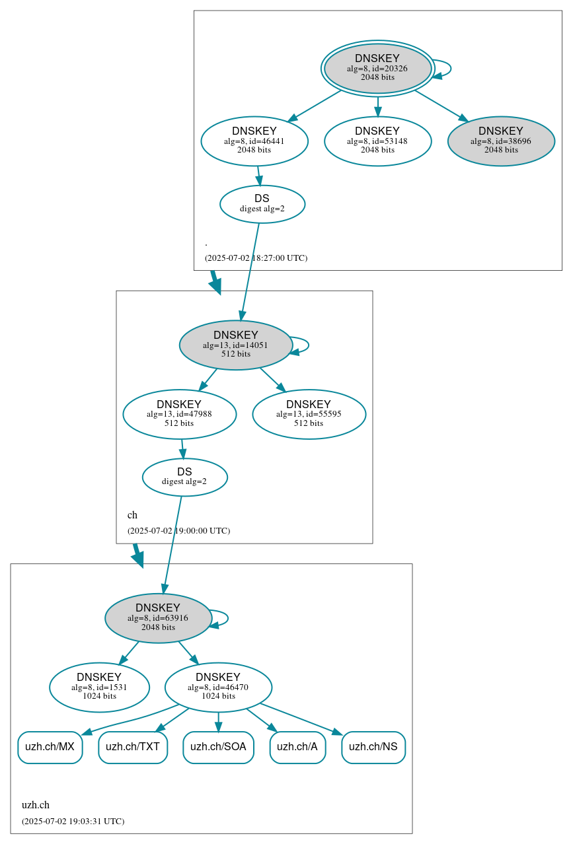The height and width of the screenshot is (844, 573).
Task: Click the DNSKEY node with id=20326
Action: click(x=377, y=69)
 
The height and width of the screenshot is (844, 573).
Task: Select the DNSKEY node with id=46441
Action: click(x=254, y=141)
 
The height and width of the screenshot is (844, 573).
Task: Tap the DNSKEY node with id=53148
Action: click(x=377, y=141)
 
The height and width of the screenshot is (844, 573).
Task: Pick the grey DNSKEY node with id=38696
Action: click(x=501, y=141)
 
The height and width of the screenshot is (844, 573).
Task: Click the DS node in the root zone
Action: click(x=262, y=204)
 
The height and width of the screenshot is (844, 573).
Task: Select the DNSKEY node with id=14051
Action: click(x=236, y=345)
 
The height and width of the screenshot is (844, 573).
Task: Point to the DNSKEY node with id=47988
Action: click(x=179, y=414)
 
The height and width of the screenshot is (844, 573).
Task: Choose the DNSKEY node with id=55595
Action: click(x=309, y=414)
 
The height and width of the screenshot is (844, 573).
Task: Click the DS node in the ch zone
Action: click(x=184, y=477)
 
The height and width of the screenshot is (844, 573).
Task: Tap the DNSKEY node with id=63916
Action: click(x=158, y=618)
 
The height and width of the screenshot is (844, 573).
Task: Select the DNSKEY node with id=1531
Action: click(x=99, y=687)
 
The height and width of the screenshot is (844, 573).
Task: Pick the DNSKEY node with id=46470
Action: click(x=218, y=687)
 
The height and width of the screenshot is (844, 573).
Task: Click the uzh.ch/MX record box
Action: click(x=50, y=747)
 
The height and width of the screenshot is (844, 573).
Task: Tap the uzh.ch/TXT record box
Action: click(x=133, y=747)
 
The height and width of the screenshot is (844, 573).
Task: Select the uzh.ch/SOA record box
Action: click(x=218, y=747)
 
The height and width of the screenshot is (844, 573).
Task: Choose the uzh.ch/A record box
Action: click(x=297, y=747)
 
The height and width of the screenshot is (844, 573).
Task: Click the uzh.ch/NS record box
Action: click(x=373, y=747)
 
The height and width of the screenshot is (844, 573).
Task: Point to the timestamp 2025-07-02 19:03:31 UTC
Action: click(x=73, y=822)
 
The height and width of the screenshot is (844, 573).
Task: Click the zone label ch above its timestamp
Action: click(x=132, y=515)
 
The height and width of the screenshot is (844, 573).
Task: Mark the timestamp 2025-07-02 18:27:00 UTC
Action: click(x=256, y=258)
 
